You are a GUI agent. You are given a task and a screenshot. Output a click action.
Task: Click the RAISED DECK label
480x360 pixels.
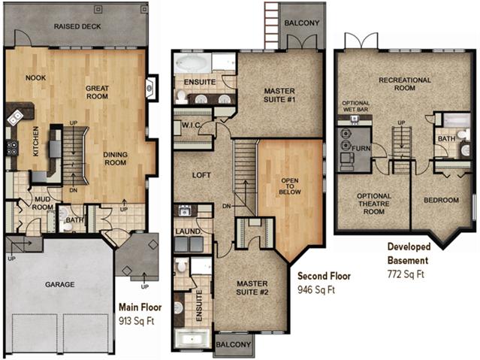click(78, 27)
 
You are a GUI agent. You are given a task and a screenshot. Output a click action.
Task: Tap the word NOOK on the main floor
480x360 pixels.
click(35, 77)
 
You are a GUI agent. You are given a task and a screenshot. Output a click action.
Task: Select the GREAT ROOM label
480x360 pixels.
click(98, 92)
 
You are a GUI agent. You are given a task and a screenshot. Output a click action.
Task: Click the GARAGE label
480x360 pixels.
click(59, 285)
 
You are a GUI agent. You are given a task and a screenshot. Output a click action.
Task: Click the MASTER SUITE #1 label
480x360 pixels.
click(279, 95)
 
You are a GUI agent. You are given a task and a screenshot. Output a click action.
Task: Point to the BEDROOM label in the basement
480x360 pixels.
click(441, 201)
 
